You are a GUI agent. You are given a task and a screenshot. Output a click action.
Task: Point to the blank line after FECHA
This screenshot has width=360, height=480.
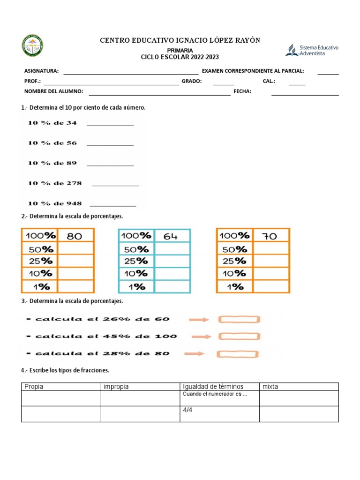coord(305,95)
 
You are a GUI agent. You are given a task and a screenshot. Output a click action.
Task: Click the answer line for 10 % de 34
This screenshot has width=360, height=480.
coord(110,125)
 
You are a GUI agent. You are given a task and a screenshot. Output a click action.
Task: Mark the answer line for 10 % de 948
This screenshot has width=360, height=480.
coord(113,205)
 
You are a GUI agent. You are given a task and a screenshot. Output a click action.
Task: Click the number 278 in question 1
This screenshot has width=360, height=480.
coord(74,183)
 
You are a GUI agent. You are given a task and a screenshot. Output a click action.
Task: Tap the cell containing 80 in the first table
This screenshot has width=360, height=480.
coord(75,236)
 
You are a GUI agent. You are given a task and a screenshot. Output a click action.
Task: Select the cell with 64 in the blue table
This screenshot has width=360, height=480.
coord(172,236)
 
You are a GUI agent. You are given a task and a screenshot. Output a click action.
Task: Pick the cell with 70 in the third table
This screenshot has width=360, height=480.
coord(271,236)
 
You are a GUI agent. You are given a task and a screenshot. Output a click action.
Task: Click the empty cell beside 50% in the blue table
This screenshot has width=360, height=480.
coord(172,249)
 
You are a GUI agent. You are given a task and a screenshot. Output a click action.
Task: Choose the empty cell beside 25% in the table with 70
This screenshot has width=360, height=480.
coord(271,261)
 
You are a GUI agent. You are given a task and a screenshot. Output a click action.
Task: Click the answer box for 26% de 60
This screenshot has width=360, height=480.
coord(239,320)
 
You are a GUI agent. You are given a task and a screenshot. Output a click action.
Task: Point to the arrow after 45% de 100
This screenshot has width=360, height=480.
coord(199,337)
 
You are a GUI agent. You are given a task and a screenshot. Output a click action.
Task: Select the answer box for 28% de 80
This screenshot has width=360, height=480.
coord(239,353)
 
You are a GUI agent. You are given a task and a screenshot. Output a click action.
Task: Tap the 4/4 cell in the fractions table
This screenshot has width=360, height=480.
coord(219,414)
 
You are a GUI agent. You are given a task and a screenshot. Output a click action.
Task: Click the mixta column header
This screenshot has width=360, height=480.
coord(299,387)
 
